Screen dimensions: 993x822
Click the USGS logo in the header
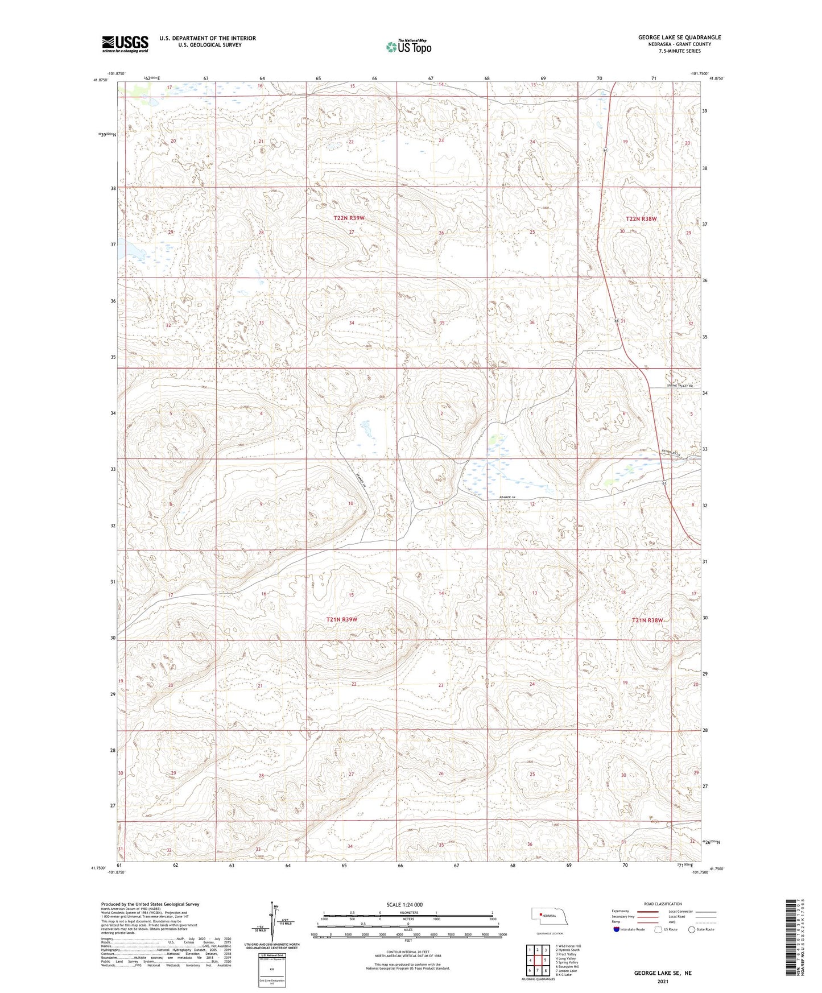[x=125, y=44]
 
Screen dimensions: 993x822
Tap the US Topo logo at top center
[x=408, y=47]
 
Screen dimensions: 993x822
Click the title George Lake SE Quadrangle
[x=679, y=38]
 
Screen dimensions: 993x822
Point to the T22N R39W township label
[x=349, y=218]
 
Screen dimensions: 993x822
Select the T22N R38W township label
[x=641, y=218]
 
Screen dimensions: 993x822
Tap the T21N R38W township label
[x=647, y=620]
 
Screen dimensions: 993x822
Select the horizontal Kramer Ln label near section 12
[x=507, y=498]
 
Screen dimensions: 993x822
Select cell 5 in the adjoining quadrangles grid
[x=537, y=961]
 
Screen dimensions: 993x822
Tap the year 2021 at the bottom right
[x=663, y=982]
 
